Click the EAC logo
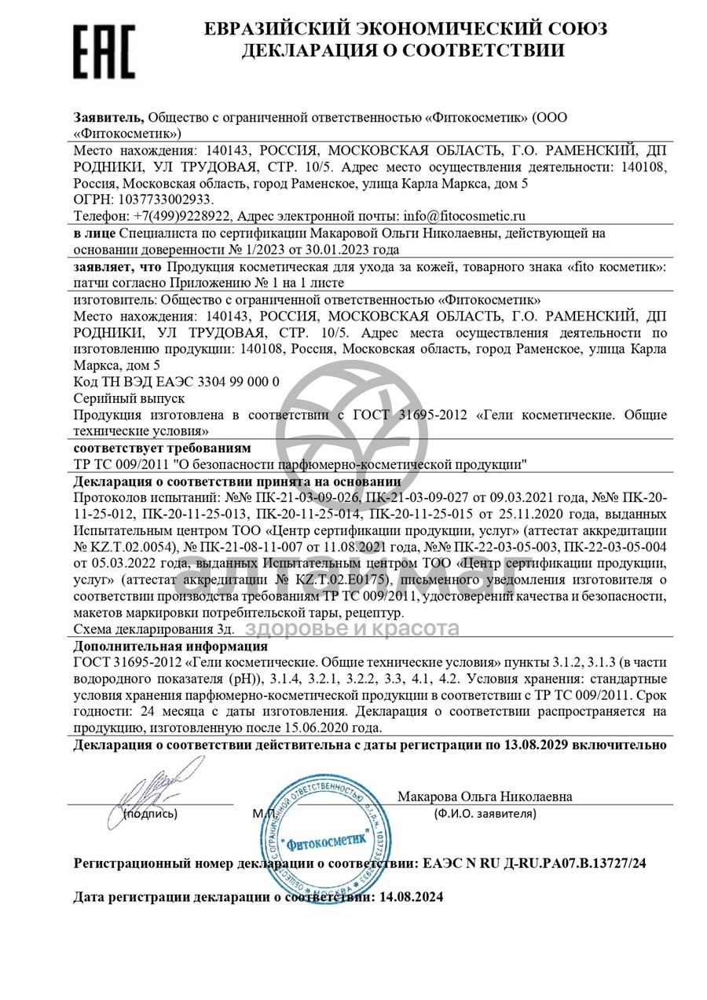[104, 49]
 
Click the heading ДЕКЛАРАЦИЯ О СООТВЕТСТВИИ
[402, 51]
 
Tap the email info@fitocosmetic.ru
[463, 216]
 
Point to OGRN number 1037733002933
[163, 200]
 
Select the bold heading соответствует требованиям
[163, 448]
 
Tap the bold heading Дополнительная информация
[170, 647]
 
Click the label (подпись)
[151, 814]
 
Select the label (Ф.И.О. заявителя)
[485, 814]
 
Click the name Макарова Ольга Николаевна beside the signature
[485, 797]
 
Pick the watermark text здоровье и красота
[352, 628]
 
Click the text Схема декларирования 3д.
[154, 629]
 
